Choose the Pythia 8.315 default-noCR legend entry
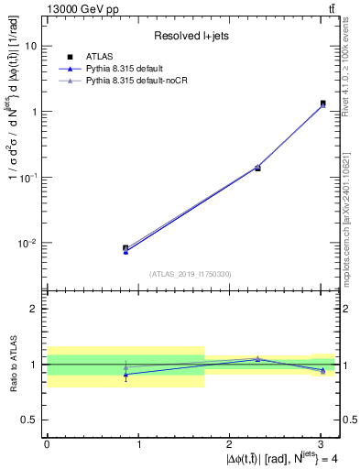(119, 81)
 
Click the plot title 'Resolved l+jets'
(192, 37)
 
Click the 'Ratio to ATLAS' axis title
(11, 364)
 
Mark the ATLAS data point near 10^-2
(125, 248)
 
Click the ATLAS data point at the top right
(322, 104)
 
